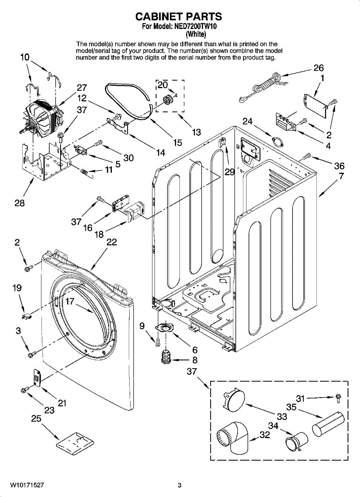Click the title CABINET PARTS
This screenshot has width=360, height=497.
(179, 17)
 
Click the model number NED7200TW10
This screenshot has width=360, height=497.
(197, 27)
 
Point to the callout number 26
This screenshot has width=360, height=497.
(318, 68)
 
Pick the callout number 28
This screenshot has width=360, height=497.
(19, 203)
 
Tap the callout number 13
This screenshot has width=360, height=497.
(196, 132)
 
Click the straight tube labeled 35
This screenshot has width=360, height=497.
(327, 423)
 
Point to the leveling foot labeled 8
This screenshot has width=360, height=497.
(167, 357)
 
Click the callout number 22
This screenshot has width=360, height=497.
(112, 242)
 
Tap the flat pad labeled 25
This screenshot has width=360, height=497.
(73, 442)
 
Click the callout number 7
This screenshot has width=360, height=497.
(341, 176)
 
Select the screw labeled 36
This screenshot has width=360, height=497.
(307, 156)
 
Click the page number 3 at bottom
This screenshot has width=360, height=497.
(179, 485)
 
